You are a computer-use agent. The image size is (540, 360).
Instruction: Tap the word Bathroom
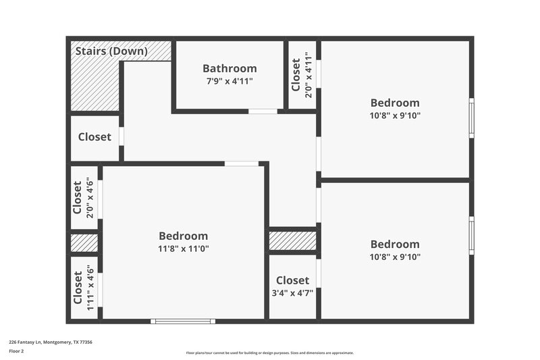[230, 68]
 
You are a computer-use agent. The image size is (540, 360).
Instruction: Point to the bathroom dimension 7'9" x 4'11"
[230, 82]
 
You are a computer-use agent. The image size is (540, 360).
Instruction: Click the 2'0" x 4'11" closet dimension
[308, 75]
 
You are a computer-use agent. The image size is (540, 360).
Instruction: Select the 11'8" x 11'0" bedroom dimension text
[183, 249]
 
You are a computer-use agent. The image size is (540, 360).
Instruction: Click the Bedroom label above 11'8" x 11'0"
[183, 236]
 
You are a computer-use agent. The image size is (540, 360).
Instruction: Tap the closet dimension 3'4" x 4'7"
[292, 293]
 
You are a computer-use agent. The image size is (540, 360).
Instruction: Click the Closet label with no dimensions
[94, 137]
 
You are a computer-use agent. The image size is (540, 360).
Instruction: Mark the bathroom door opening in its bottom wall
[263, 111]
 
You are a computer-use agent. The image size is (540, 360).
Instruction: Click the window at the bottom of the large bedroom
[183, 321]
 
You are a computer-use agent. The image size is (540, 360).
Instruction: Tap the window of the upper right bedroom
[471, 118]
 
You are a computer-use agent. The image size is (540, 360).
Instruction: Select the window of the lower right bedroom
[471, 236]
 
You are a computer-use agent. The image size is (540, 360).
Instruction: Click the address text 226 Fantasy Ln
[50, 342]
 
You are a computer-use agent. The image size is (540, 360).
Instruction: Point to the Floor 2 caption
[17, 351]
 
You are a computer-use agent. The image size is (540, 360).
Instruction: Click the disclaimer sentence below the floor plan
[269, 353]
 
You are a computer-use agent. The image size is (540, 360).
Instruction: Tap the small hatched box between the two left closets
[84, 243]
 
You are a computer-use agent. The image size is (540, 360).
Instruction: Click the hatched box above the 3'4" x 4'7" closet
[292, 240]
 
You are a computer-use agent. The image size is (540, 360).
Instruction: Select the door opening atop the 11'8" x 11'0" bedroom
[241, 163]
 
